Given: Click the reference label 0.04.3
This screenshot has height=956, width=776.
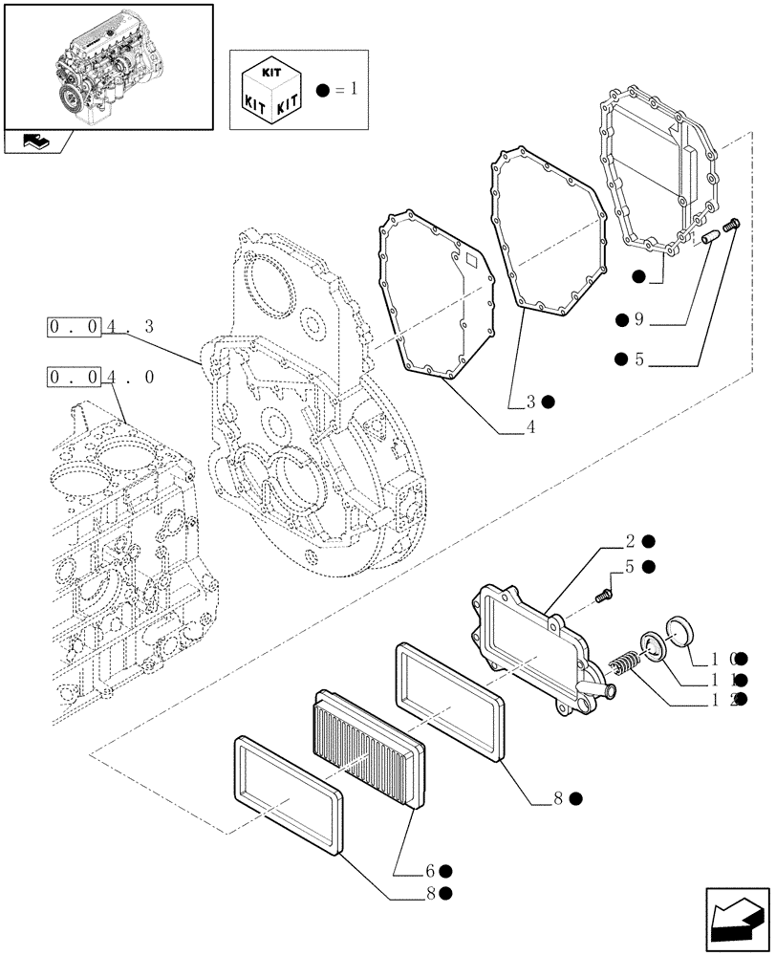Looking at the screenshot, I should tap(101, 327).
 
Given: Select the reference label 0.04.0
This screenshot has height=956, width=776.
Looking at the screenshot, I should tap(101, 377).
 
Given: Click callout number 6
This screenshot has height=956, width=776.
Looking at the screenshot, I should tap(431, 871).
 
